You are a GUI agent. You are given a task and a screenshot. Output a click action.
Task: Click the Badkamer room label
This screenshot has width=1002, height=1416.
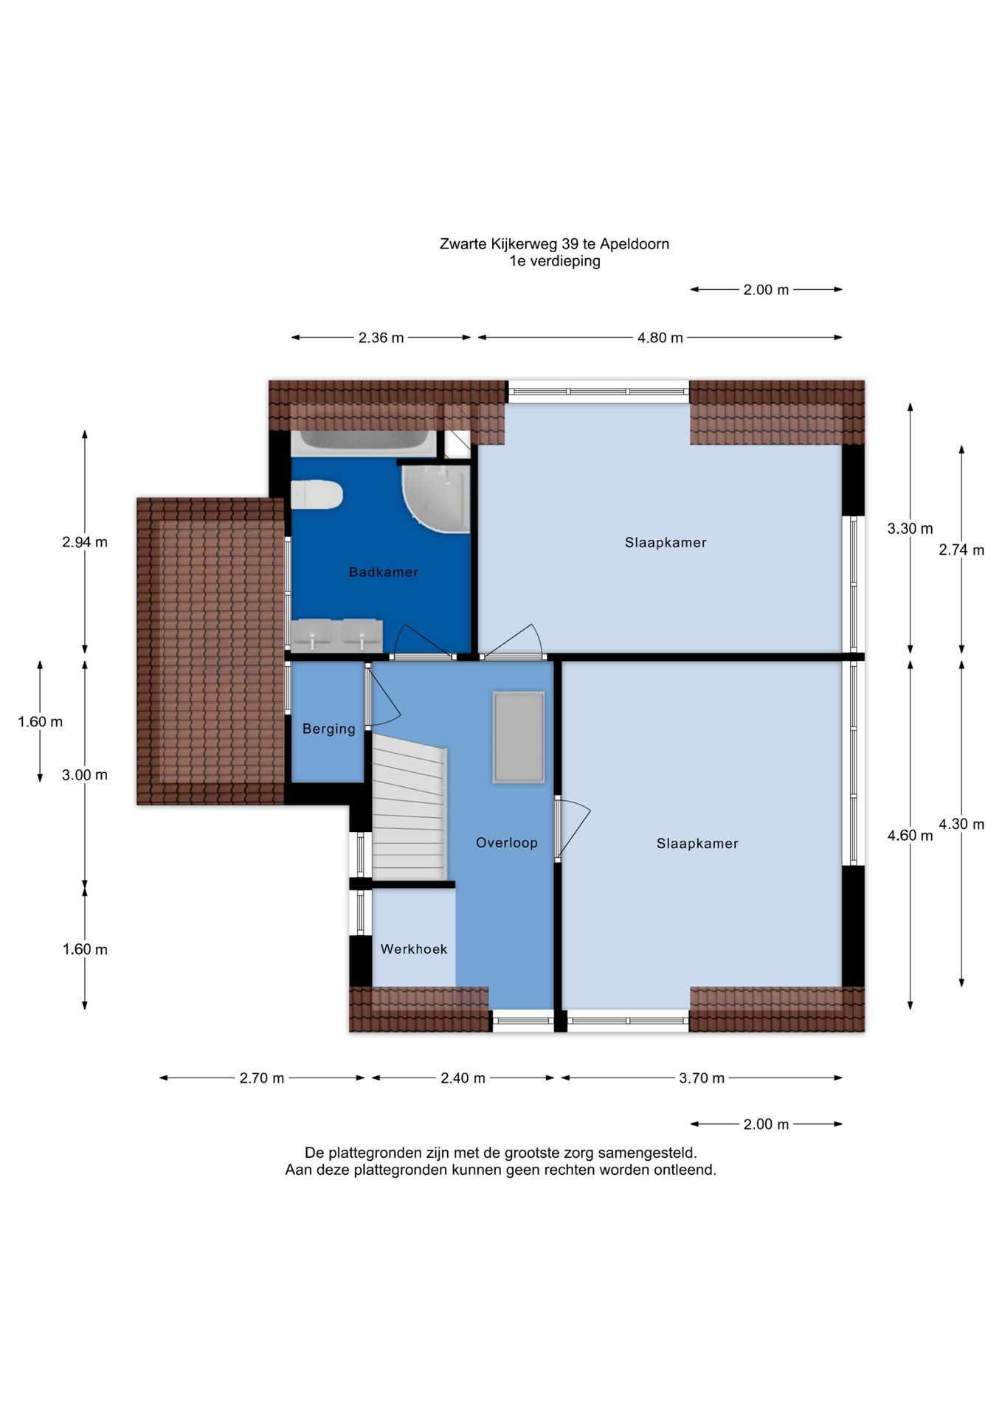(x=383, y=572)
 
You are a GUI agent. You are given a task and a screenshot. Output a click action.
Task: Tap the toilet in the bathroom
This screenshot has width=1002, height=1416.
(x=317, y=494)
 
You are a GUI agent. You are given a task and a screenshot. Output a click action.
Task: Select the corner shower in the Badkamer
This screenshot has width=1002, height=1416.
(x=436, y=499)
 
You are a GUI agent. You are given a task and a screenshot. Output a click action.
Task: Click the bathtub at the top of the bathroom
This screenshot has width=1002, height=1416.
(x=364, y=442)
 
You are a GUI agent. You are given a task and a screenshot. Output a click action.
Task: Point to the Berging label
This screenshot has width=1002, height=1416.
(x=328, y=729)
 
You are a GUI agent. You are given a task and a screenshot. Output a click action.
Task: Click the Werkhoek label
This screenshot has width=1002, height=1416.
(x=414, y=949)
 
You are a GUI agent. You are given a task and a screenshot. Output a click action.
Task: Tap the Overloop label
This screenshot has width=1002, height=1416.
(x=506, y=842)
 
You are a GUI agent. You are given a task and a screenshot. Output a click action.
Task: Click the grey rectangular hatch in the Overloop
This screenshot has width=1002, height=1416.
(x=519, y=737)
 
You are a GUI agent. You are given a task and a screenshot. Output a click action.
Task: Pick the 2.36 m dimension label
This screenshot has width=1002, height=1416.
(x=381, y=338)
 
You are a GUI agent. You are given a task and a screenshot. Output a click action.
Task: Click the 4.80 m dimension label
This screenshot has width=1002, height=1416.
(x=660, y=338)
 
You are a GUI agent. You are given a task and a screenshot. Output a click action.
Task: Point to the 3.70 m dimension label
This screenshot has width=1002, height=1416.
(x=702, y=1078)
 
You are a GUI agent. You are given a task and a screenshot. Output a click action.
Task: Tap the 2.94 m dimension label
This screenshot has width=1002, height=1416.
(x=85, y=542)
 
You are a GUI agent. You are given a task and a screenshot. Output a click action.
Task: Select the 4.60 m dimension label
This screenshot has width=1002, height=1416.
(x=910, y=836)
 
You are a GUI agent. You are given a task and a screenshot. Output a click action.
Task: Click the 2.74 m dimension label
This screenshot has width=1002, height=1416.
(x=961, y=549)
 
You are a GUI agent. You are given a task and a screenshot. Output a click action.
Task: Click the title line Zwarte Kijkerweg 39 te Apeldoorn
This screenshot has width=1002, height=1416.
(x=554, y=243)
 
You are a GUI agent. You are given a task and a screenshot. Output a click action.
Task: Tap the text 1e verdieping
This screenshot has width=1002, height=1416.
(x=554, y=261)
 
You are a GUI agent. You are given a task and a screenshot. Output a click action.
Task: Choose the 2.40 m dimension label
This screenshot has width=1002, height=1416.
(x=463, y=1078)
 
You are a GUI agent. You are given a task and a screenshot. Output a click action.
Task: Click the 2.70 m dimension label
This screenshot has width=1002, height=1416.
(x=262, y=1078)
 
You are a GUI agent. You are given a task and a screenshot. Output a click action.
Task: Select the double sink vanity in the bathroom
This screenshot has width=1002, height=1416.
(x=336, y=635)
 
